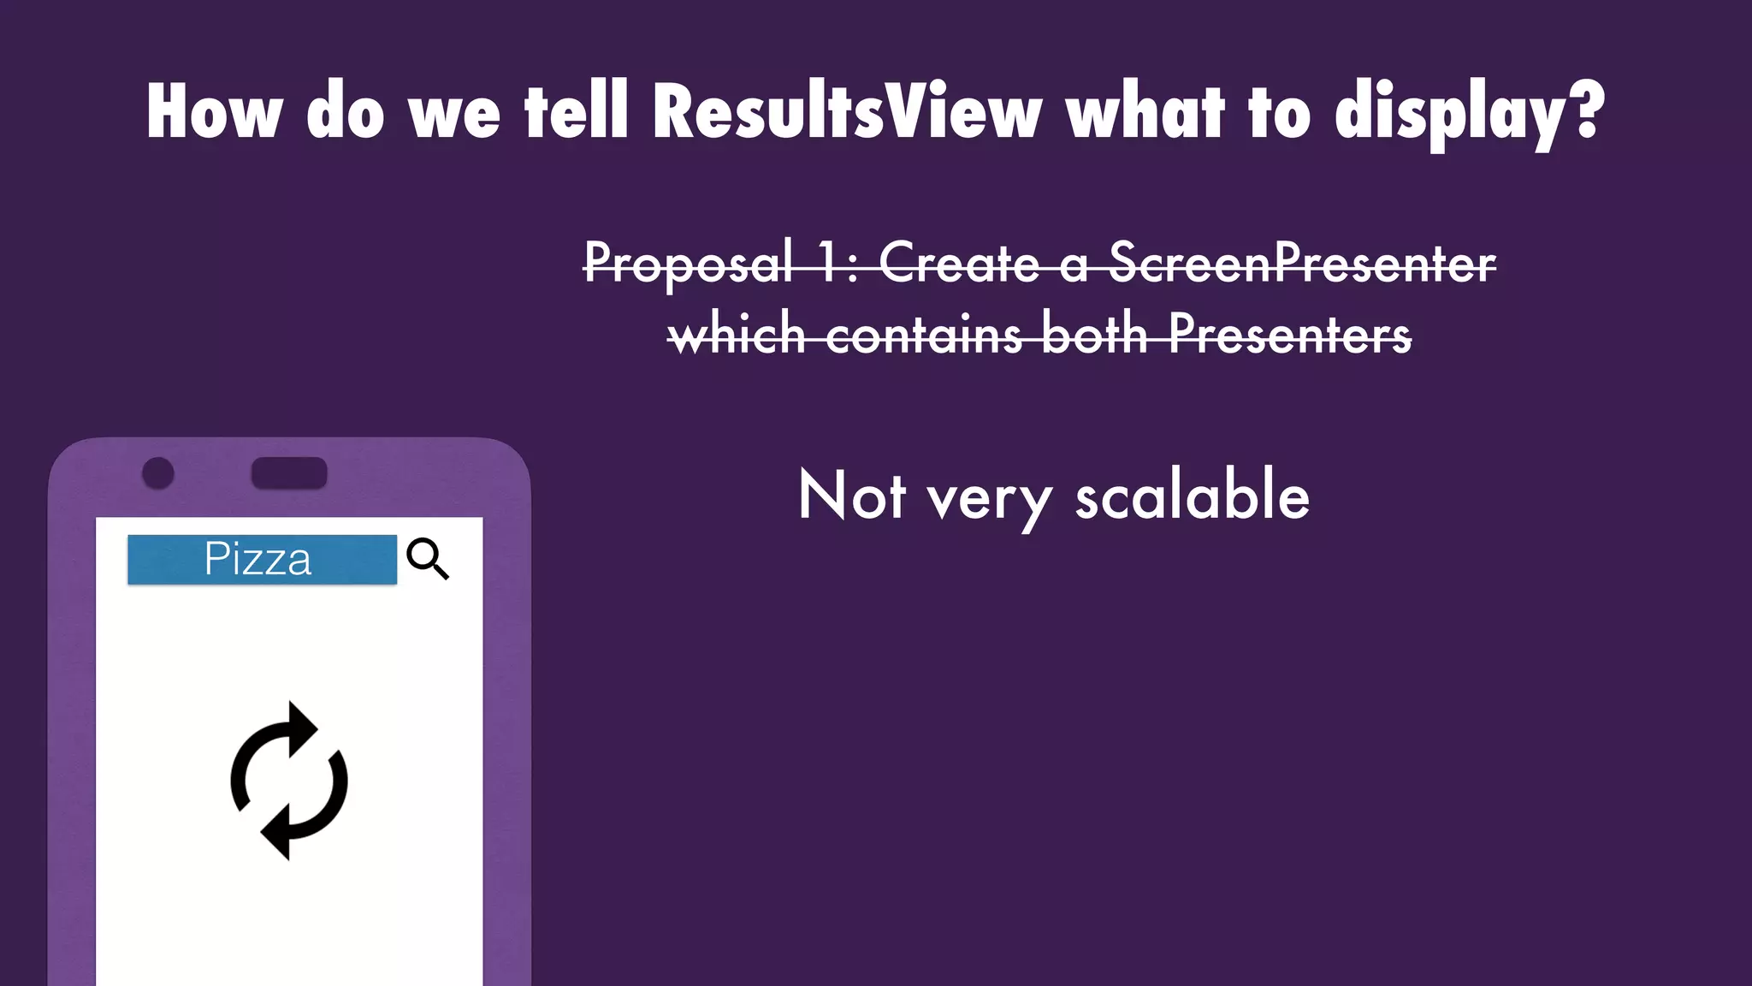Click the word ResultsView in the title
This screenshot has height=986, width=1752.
847,111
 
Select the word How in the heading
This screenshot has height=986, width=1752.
214,111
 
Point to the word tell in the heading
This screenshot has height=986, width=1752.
577,111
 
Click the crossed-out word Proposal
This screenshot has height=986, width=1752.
689,264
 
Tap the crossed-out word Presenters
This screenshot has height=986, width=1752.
1289,334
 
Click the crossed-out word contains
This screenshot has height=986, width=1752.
924,334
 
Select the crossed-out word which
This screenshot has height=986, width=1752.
737,334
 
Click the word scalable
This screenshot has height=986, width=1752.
1192,496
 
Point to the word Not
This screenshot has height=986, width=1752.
851,496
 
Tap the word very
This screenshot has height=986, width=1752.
990,500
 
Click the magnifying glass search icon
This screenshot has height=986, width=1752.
428,559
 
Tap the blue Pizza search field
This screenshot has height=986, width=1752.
262,560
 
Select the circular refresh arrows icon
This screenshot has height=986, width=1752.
289,781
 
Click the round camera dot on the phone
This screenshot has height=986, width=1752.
158,473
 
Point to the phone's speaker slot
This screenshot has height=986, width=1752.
289,473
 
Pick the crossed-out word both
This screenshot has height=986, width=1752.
1094,334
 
